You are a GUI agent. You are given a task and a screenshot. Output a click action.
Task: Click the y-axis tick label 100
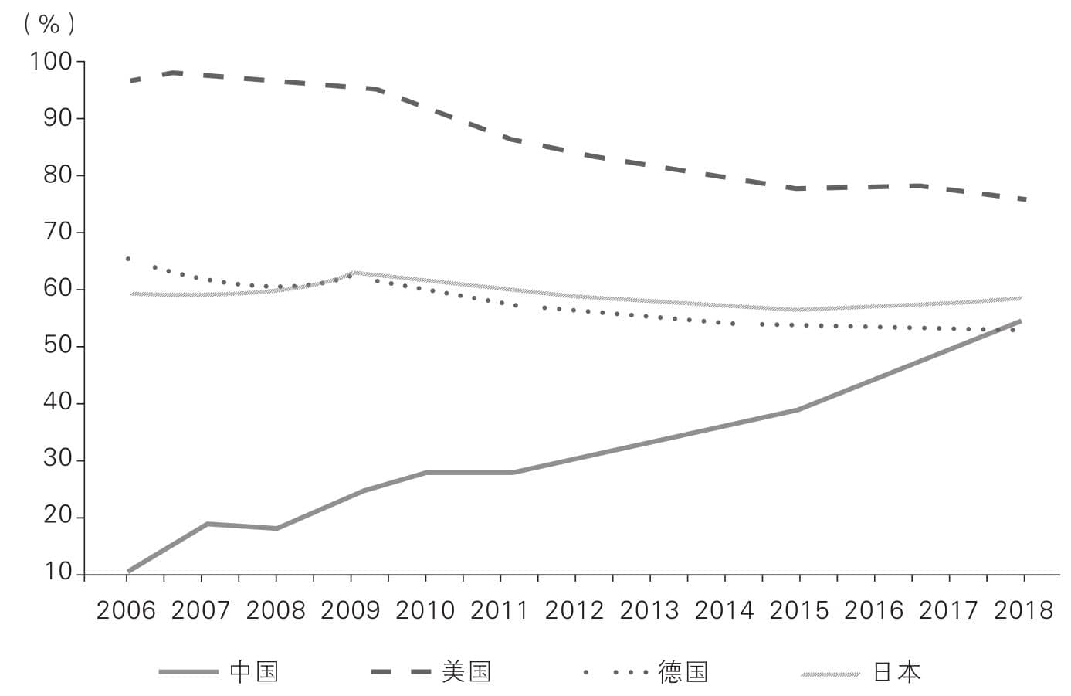click(51, 62)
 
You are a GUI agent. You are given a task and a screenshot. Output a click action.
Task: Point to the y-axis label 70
click(57, 233)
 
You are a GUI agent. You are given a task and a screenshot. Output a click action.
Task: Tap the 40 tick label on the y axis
click(57, 402)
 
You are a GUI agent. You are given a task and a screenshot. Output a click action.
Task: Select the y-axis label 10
click(57, 572)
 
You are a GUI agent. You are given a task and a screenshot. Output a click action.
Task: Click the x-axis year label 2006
click(126, 610)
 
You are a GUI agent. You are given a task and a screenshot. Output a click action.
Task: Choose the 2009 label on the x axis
click(351, 610)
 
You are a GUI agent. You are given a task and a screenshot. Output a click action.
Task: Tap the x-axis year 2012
click(574, 610)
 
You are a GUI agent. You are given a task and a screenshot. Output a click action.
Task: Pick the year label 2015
click(799, 610)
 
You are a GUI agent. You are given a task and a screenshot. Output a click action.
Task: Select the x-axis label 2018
click(1024, 610)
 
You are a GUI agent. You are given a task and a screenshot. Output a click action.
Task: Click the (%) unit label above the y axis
click(49, 24)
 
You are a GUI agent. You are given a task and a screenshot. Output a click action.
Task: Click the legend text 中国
click(254, 671)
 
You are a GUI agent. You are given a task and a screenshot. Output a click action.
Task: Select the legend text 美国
click(466, 671)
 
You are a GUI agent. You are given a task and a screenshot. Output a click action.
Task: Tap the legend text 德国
click(683, 671)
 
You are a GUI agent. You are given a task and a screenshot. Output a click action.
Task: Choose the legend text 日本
click(897, 671)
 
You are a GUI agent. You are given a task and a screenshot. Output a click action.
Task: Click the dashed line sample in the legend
click(402, 672)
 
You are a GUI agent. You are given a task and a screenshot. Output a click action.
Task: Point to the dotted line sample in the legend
click(616, 672)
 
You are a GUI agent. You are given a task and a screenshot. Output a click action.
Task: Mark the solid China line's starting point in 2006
click(129, 571)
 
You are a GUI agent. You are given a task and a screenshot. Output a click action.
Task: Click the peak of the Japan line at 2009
click(354, 273)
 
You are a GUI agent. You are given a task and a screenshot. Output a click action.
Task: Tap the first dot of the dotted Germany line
click(128, 259)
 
